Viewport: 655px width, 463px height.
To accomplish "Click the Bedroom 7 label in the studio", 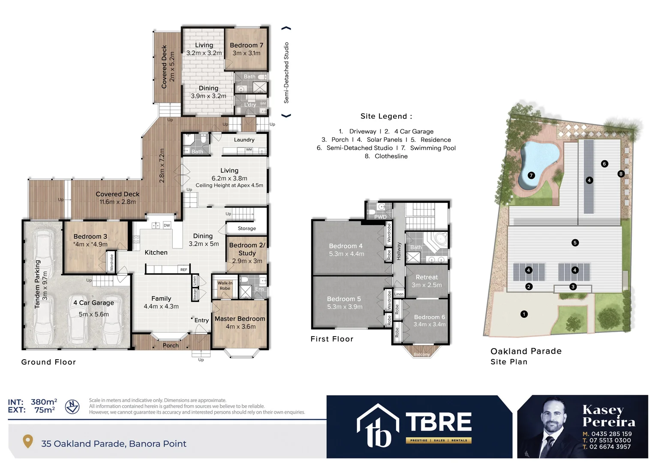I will click(x=246, y=45).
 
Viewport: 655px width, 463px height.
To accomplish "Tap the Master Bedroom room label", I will click(x=240, y=319).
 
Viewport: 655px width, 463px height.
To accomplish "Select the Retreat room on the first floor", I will click(x=427, y=277).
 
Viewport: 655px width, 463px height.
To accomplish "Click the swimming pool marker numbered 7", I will click(x=531, y=175).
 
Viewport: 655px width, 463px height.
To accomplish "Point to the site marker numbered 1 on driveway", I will click(x=524, y=314).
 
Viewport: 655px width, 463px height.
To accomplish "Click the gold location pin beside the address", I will click(x=28, y=441).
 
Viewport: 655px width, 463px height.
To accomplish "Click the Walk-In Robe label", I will click(x=225, y=286).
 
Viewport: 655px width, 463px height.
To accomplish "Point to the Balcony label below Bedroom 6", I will click(x=421, y=355).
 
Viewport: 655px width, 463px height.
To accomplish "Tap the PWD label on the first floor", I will click(x=380, y=217).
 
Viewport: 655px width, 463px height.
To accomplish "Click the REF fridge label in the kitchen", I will click(x=183, y=270).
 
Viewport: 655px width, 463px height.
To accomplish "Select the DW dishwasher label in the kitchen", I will click(x=167, y=225).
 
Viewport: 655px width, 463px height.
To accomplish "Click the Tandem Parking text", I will click(x=37, y=284).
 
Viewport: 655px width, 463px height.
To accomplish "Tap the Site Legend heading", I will click(x=386, y=116).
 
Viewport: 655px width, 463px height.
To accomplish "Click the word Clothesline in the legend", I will click(x=391, y=156).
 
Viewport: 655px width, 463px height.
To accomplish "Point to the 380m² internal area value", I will click(x=44, y=402).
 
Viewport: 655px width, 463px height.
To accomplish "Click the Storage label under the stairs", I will click(x=246, y=228).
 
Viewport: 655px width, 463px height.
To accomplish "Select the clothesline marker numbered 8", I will click(x=621, y=174).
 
